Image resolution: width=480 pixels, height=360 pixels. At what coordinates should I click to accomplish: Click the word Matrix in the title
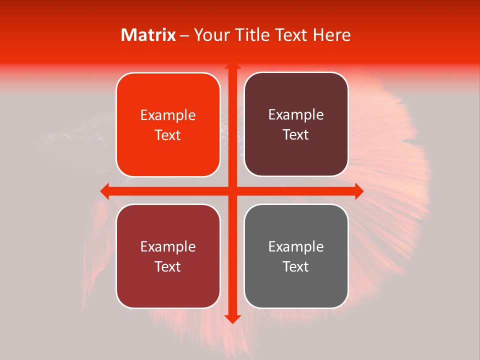(148, 35)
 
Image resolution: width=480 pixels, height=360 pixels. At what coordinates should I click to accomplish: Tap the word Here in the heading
(331, 35)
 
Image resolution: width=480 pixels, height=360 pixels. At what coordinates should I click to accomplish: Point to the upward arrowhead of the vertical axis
(232, 67)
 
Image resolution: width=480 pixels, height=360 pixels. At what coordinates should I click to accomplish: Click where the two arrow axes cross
(232, 191)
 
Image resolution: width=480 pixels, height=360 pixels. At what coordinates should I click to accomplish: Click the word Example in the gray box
(296, 246)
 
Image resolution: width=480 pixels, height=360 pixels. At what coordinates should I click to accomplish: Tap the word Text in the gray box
(296, 266)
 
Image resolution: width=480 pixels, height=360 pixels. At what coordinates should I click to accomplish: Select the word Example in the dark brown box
(296, 115)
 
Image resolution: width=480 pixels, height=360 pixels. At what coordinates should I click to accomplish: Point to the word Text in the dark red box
(168, 266)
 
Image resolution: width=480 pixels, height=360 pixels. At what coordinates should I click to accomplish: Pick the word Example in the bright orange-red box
(168, 115)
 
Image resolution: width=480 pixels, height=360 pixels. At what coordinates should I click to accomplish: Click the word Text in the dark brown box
(296, 135)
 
